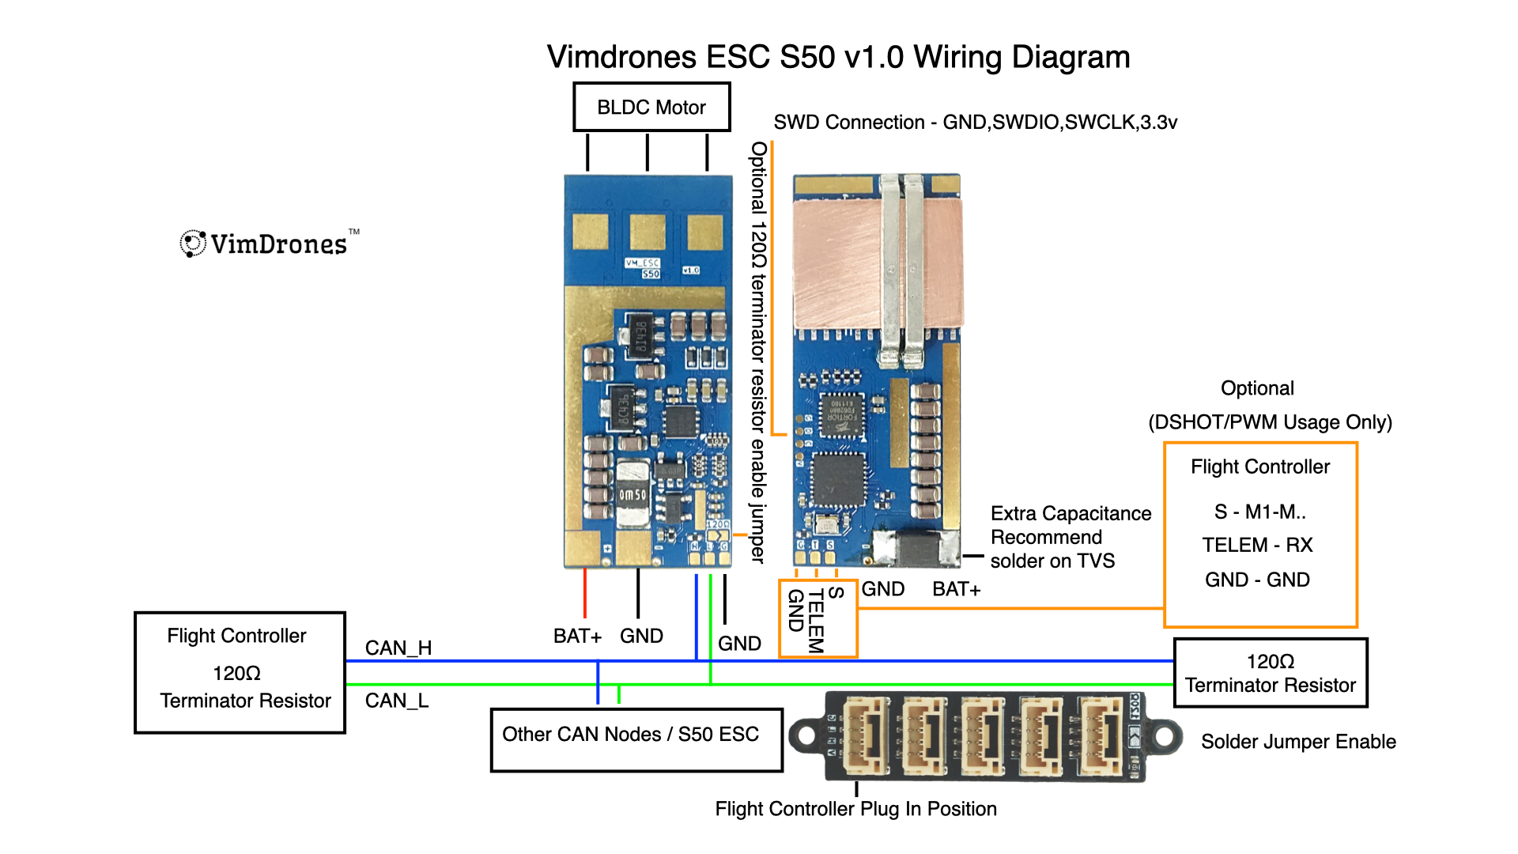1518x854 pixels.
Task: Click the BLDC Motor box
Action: [x=651, y=107]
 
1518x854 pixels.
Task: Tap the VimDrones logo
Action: [x=269, y=244]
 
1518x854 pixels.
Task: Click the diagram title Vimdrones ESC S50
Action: [x=838, y=57]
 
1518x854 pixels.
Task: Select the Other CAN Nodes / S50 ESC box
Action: [x=636, y=739]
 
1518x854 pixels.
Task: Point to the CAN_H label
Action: [x=398, y=648]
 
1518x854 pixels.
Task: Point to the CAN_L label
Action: [x=397, y=701]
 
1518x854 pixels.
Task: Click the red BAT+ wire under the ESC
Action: [x=585, y=593]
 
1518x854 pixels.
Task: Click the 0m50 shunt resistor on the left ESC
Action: [x=632, y=495]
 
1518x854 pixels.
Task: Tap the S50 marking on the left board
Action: [x=651, y=274]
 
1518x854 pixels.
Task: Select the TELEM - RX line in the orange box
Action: [x=1257, y=545]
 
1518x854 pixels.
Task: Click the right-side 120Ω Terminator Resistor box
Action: [x=1271, y=673]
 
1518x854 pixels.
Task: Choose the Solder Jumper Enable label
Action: [x=1298, y=742]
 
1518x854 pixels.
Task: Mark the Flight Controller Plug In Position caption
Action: [x=855, y=809]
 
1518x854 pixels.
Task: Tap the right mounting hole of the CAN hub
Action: [x=1165, y=736]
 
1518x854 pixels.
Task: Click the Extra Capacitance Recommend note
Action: [x=1071, y=537]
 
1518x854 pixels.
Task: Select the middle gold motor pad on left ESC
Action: [x=648, y=232]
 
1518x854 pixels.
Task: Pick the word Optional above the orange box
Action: [x=1257, y=388]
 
